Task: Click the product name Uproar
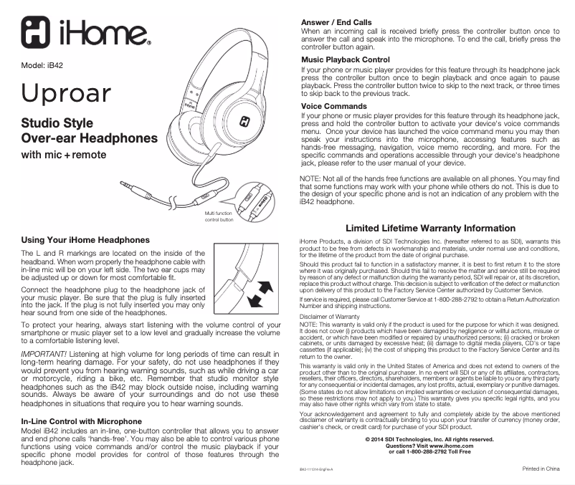pyautogui.click(x=66, y=93)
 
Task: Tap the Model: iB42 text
pyautogui.click(x=44, y=65)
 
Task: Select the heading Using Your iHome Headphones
pyautogui.click(x=85, y=239)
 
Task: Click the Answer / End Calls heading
pyautogui.click(x=336, y=23)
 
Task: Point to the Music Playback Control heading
pyautogui.click(x=346, y=59)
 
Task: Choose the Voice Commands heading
pyautogui.click(x=334, y=106)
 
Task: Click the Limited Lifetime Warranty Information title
pyautogui.click(x=430, y=229)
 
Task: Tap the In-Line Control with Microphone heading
pyautogui.click(x=82, y=421)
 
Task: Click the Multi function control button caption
pyautogui.click(x=219, y=217)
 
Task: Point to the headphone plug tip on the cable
pyautogui.click(x=123, y=186)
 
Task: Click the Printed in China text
pyautogui.click(x=541, y=469)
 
